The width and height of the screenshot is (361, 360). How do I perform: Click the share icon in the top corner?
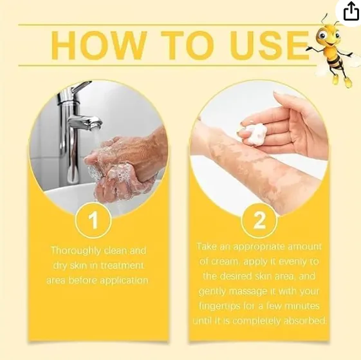(351, 11)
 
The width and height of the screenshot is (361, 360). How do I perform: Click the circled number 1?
(93, 220)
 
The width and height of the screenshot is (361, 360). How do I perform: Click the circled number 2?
(259, 220)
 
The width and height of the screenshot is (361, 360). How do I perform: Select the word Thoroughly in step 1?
(75, 251)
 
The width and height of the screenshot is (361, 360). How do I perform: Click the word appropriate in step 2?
(259, 247)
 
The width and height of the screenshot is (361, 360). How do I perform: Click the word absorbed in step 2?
(304, 321)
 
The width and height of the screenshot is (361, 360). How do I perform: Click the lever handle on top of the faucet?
(81, 87)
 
